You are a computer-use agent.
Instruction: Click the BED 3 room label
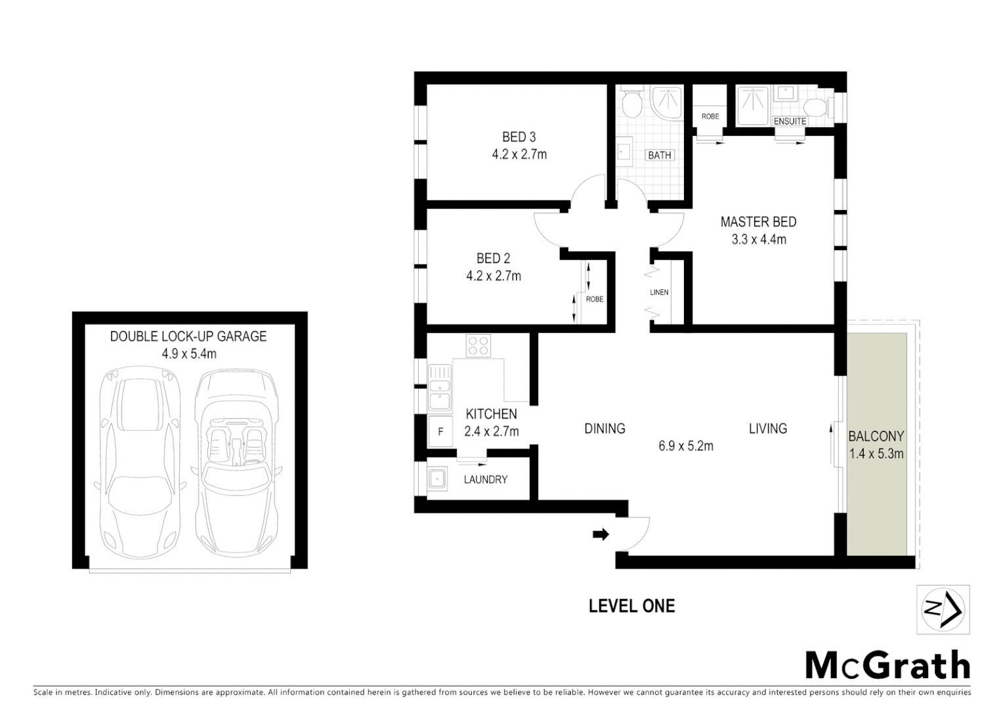click(x=519, y=137)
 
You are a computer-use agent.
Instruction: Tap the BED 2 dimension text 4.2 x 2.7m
click(x=494, y=276)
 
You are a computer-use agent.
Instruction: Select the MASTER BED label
click(x=758, y=222)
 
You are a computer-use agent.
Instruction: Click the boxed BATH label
click(x=659, y=156)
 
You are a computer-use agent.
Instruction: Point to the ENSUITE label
click(x=790, y=121)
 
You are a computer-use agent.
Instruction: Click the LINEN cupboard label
click(x=659, y=292)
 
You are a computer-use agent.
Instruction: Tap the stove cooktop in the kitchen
click(x=478, y=346)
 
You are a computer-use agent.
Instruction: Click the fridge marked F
click(x=440, y=432)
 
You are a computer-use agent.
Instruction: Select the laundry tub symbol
click(x=437, y=479)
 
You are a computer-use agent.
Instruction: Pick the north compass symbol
click(x=943, y=610)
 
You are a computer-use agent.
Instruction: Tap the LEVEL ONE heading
click(x=631, y=606)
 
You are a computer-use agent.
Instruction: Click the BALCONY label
click(x=876, y=436)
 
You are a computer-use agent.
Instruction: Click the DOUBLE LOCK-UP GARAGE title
click(x=188, y=336)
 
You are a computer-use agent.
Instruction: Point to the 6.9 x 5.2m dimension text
click(x=686, y=446)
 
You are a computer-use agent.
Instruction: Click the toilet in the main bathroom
click(x=631, y=103)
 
